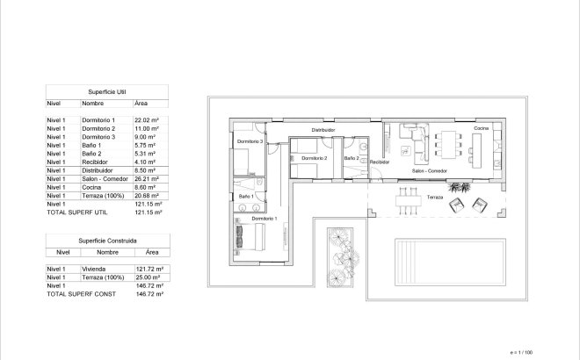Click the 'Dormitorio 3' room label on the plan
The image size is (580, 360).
coord(250,140)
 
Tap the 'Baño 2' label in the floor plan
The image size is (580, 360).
coord(352,158)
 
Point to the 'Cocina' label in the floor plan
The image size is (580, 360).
coord(481,129)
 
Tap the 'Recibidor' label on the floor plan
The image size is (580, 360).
coord(380,162)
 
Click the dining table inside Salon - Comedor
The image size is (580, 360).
coord(447,143)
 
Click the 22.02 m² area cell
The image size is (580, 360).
coord(146,119)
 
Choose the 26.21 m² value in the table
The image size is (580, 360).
coord(146,179)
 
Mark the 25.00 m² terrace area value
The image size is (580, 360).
coord(146,277)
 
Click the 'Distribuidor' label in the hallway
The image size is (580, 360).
coord(323,129)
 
